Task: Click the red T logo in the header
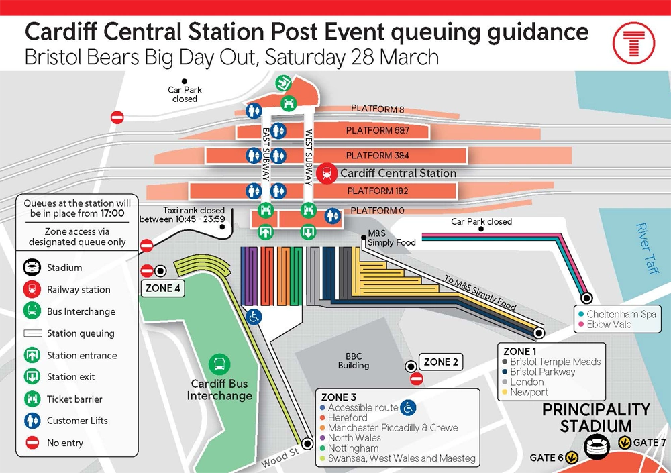tap(633, 41)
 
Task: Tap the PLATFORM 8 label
tap(378, 109)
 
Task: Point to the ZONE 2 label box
tap(441, 362)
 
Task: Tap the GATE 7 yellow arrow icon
tap(624, 443)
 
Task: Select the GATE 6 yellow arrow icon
tap(572, 458)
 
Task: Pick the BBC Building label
tap(354, 361)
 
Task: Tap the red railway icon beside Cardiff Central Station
tap(327, 173)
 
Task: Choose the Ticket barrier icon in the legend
tap(32, 399)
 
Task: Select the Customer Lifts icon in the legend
tap(32, 421)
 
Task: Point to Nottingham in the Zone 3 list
tap(353, 448)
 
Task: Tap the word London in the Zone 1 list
tap(527, 382)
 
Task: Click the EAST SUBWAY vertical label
tap(266, 155)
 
